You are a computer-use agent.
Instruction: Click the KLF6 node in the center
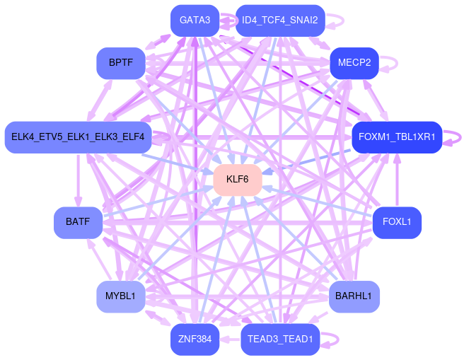point(238,180)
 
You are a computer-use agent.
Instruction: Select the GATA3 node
point(195,21)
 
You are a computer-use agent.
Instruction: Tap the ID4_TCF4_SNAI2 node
point(280,21)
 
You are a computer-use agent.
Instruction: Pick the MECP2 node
point(354,63)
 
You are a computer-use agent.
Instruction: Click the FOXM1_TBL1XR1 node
point(397,137)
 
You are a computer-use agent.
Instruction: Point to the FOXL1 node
point(397,222)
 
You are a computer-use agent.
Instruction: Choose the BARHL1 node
point(354,296)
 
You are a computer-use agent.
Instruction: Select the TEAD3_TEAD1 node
point(281,339)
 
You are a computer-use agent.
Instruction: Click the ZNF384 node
point(195,339)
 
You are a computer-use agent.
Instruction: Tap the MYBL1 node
point(120,296)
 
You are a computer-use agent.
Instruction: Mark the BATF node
point(78,222)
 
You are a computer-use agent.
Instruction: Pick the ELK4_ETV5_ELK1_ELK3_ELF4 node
point(78,137)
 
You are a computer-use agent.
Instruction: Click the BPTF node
point(120,63)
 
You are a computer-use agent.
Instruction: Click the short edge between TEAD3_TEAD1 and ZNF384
point(230,339)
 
